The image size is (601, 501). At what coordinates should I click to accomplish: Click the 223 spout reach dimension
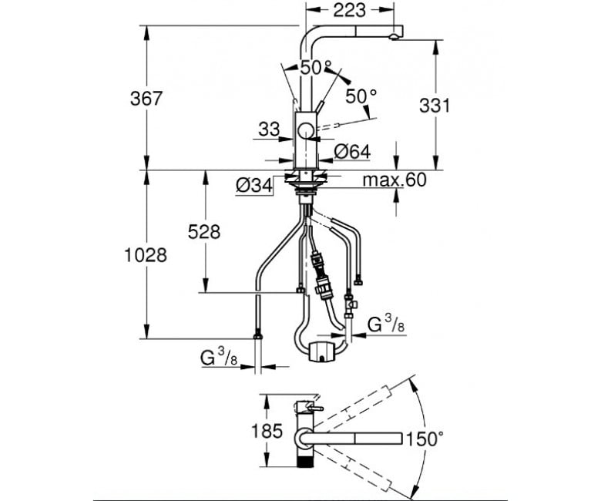[x=349, y=10]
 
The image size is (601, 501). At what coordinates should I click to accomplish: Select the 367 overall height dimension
[x=146, y=99]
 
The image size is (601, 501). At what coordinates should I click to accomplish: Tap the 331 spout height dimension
[x=435, y=106]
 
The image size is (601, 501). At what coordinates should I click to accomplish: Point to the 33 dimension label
[x=269, y=129]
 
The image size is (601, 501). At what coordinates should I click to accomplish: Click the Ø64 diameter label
[x=352, y=152]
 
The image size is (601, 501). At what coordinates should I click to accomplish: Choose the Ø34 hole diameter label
[x=254, y=186]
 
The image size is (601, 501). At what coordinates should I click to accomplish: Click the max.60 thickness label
[x=395, y=180]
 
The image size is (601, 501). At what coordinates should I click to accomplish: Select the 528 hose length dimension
[x=204, y=232]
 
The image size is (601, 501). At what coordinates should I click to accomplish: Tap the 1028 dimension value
[x=146, y=255]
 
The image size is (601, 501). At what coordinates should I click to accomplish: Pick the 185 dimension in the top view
[x=267, y=431]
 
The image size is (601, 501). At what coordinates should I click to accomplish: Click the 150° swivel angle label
[x=425, y=439]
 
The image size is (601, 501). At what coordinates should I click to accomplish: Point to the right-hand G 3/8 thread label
[x=386, y=324]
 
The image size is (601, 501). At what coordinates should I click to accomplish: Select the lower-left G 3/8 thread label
[x=219, y=358]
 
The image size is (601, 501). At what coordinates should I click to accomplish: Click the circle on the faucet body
[x=306, y=131]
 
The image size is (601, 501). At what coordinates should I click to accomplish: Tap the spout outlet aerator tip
[x=394, y=37]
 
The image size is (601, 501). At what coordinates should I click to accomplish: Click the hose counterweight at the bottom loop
[x=322, y=351]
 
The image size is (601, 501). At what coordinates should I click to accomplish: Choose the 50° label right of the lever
[x=361, y=96]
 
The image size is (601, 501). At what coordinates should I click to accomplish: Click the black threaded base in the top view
[x=306, y=458]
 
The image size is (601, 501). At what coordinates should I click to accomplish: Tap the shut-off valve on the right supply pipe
[x=350, y=305]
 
